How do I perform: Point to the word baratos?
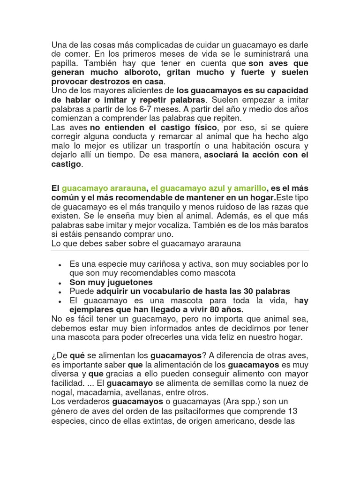point(292,225)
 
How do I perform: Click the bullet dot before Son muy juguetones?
point(60,283)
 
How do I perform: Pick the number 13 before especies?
point(303,411)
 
